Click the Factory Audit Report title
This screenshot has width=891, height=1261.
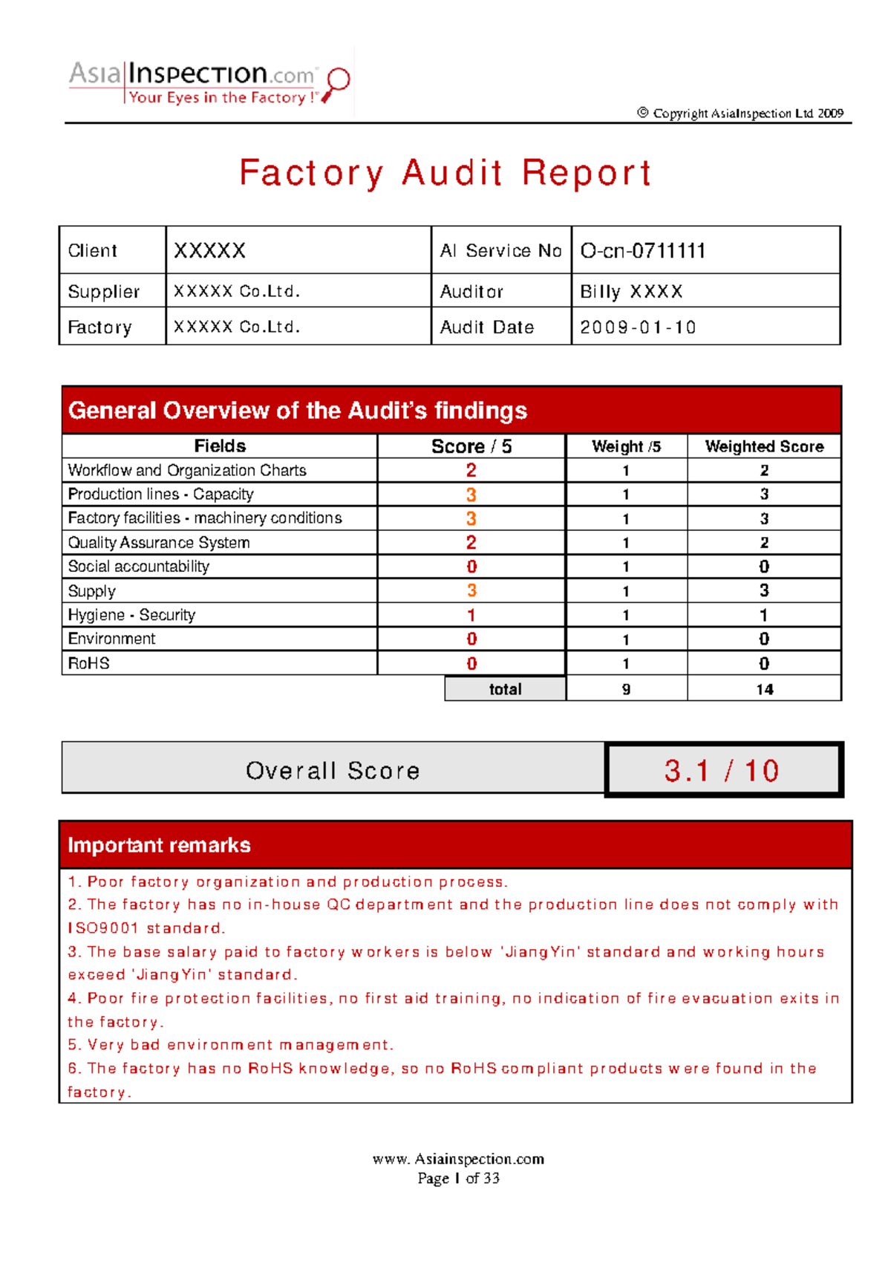(445, 173)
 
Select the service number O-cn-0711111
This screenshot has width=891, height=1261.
(643, 251)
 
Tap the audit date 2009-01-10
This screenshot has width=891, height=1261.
(638, 328)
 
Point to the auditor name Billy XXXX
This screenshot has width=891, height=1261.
(631, 292)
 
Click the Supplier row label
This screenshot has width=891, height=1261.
(103, 292)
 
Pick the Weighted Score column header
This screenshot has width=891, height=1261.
(764, 446)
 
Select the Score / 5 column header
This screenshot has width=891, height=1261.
(471, 446)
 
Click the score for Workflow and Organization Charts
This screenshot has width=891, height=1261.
(471, 470)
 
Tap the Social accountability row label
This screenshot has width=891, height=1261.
(139, 567)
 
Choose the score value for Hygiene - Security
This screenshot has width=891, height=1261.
(471, 615)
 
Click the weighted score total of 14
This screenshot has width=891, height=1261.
(765, 689)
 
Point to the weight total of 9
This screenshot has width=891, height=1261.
(626, 689)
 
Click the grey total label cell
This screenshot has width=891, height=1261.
(505, 689)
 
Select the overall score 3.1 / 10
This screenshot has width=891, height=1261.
(722, 771)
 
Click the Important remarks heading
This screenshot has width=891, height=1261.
(159, 845)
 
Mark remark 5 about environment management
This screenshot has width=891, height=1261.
(231, 1045)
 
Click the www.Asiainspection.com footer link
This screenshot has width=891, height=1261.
(458, 1159)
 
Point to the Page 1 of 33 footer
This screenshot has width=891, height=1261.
(458, 1178)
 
